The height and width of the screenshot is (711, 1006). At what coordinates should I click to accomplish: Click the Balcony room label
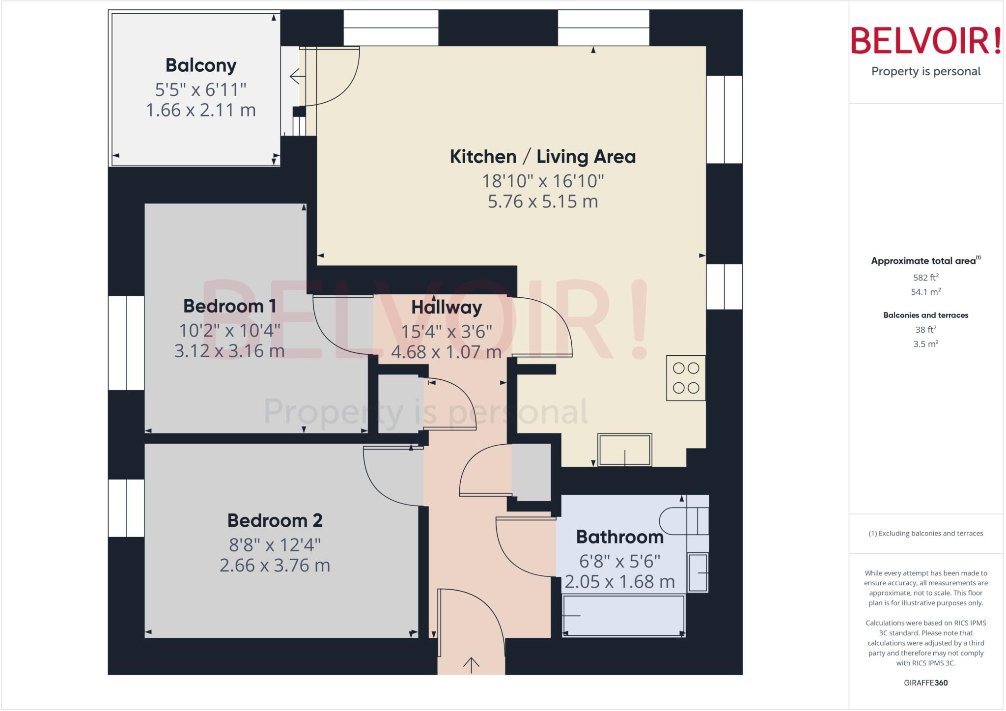(x=201, y=65)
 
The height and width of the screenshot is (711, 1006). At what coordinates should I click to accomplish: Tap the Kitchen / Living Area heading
(x=542, y=157)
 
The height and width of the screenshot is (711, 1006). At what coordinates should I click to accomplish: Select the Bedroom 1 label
(x=229, y=306)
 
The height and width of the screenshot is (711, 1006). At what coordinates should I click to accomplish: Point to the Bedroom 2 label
(x=275, y=520)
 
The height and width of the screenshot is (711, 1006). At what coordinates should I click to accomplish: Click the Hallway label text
(x=446, y=308)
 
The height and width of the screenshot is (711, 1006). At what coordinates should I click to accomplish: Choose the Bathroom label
(x=619, y=537)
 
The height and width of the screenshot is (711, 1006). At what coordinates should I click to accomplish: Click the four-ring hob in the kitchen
(x=686, y=378)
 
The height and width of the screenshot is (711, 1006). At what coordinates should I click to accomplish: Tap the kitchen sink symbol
(x=624, y=450)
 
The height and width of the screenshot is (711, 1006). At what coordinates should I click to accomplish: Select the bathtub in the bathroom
(x=623, y=616)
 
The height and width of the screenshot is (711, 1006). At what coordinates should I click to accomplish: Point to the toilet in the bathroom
(x=683, y=521)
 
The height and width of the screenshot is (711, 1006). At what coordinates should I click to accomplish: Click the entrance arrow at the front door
(x=471, y=665)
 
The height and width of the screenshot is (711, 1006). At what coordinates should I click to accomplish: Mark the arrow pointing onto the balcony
(x=295, y=77)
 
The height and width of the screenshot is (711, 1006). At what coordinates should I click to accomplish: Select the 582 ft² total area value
(x=925, y=278)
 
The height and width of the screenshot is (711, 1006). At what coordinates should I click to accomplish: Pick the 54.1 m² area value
(x=925, y=292)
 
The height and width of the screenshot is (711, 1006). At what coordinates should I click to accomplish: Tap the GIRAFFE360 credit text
(x=925, y=683)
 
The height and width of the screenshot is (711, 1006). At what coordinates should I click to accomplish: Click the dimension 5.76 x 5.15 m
(x=542, y=201)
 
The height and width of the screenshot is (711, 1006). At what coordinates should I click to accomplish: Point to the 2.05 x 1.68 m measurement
(x=619, y=582)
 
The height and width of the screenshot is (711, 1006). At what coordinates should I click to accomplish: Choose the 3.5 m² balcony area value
(x=925, y=344)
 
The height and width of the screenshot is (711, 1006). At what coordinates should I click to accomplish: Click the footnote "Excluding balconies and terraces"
(x=925, y=533)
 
